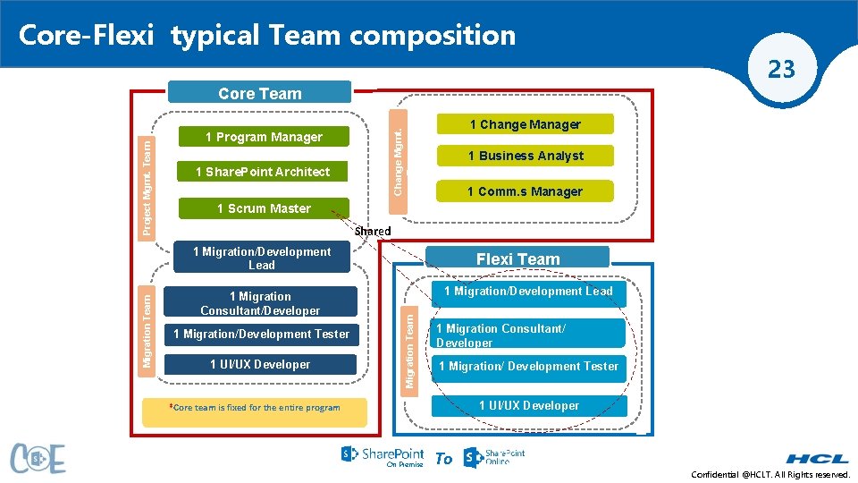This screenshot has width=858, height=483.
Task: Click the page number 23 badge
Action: coord(781,69)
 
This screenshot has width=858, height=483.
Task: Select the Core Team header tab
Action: coord(260,93)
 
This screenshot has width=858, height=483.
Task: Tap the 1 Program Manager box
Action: coord(264,137)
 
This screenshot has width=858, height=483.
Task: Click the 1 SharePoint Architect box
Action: coord(263,172)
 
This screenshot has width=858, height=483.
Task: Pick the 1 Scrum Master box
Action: coord(264,208)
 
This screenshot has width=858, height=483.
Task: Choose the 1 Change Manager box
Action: coord(525,124)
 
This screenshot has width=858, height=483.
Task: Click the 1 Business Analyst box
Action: coord(525,156)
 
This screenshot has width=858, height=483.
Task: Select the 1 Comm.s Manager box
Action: coord(525,191)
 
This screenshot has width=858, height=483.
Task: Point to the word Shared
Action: coord(373,231)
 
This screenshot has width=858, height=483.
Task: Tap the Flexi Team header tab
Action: coord(517,259)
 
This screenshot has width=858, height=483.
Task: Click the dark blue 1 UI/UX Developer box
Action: coord(259,364)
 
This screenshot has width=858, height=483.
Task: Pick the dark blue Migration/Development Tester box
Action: coord(261,334)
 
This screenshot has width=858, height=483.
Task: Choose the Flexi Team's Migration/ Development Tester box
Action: coord(528,366)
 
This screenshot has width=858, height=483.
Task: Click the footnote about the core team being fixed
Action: coord(255,408)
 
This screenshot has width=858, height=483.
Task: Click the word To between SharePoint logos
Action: coord(443,459)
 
